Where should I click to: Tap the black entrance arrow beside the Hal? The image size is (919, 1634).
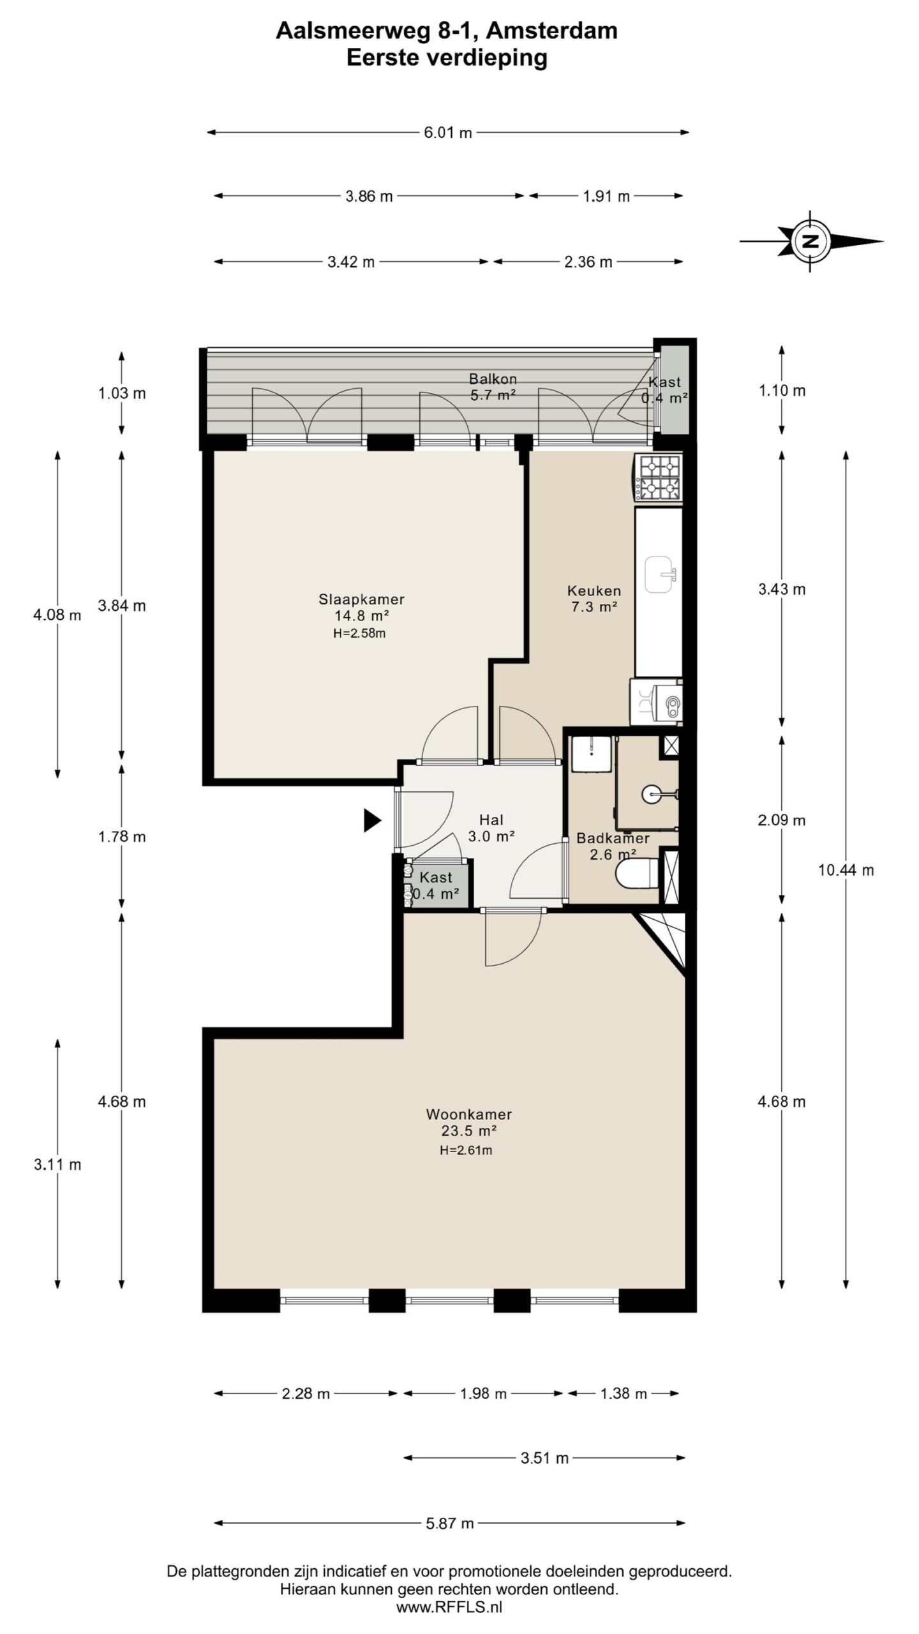click(372, 820)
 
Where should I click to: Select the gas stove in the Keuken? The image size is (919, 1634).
click(657, 477)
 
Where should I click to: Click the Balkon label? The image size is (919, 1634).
click(493, 379)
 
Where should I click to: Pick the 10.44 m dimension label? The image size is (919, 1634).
click(846, 870)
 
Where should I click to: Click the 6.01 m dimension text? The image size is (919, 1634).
click(448, 133)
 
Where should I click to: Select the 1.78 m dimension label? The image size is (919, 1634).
click(122, 837)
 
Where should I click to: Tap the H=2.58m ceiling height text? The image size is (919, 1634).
click(359, 634)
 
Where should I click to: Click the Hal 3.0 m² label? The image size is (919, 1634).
click(491, 828)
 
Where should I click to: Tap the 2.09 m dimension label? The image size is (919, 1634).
click(782, 820)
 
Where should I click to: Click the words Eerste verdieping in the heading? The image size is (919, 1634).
click(447, 57)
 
